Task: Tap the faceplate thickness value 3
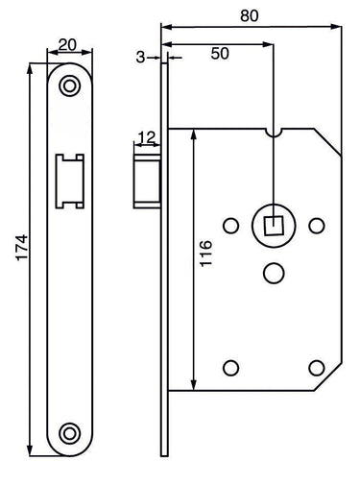140,58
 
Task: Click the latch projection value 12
145,137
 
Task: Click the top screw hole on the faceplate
67,86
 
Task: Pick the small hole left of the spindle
230,227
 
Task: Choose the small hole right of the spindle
317,226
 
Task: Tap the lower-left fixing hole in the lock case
230,366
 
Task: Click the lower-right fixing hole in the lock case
317,366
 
